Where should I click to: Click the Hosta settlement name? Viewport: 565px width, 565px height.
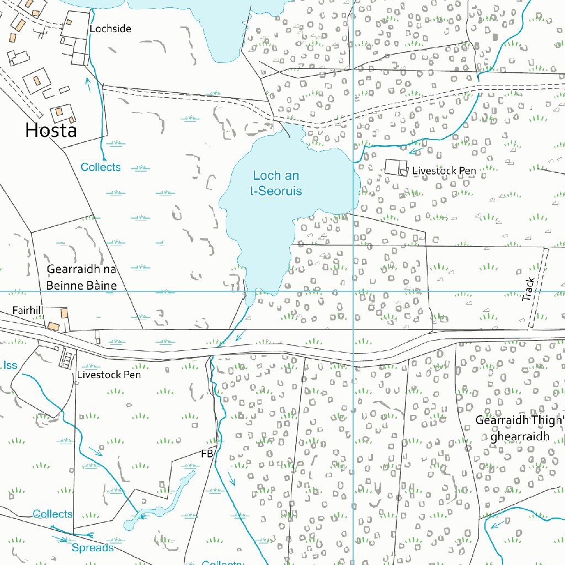click(x=51, y=130)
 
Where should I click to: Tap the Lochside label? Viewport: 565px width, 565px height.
click(x=110, y=28)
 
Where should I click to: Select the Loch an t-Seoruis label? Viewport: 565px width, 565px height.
click(x=276, y=183)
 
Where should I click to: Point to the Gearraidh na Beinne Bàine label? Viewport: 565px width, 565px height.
click(x=82, y=278)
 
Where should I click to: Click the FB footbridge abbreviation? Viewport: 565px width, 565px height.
click(x=207, y=454)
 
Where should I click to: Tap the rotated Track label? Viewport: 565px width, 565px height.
click(x=529, y=290)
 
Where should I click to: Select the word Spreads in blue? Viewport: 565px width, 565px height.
click(x=93, y=548)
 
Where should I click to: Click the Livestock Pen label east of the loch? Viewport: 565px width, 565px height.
click(x=444, y=171)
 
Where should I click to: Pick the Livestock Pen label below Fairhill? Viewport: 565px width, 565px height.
click(x=109, y=375)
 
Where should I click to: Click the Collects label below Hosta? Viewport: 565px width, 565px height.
click(x=100, y=167)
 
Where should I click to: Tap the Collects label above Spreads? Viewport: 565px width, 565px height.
click(x=52, y=514)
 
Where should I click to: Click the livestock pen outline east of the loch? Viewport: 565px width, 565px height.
click(x=395, y=167)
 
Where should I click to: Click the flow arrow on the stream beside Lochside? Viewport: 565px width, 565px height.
click(x=87, y=82)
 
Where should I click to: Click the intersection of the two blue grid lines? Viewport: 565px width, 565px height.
click(x=353, y=291)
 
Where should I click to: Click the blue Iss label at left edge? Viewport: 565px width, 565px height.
click(x=9, y=365)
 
